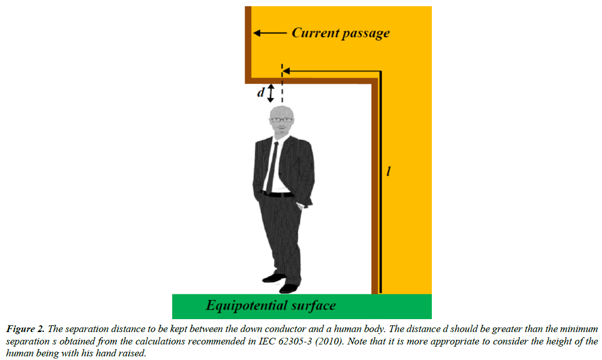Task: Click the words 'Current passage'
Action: [x=340, y=33]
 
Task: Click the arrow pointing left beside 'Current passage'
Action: [x=270, y=34]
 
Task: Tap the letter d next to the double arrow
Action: [x=261, y=92]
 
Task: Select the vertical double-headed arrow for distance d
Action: [x=270, y=93]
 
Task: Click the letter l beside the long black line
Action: [x=388, y=171]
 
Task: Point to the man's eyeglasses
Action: [x=282, y=120]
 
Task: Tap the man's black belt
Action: [x=278, y=194]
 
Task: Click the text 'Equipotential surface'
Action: [x=270, y=306]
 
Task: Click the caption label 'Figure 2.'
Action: [x=25, y=329]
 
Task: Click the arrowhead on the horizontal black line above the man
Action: [x=286, y=71]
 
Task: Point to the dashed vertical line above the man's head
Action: [x=282, y=84]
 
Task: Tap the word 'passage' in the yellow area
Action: [x=366, y=34]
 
